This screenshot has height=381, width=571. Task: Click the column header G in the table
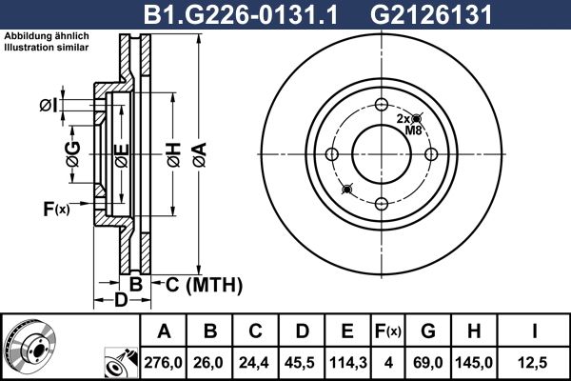(426, 331)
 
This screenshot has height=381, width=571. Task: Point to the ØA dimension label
(197, 150)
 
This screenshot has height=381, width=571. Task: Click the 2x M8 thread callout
(407, 124)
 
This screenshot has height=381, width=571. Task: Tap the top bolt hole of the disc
(381, 106)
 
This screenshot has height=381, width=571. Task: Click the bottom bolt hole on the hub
(381, 202)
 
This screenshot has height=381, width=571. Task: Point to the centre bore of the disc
(381, 154)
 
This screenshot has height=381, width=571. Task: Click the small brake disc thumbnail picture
(30, 345)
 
